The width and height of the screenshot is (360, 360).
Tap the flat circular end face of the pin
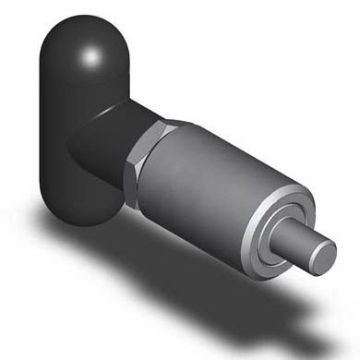(x=328, y=256)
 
